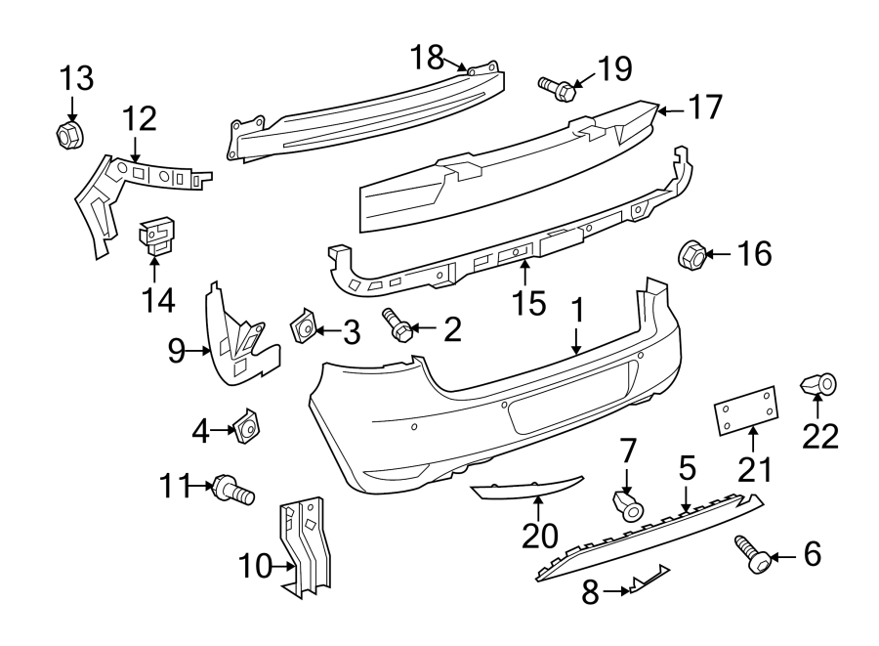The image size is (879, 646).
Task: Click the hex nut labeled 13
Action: click(69, 135)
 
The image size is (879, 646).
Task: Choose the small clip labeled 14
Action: click(156, 237)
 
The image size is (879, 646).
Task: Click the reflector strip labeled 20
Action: click(527, 487)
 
